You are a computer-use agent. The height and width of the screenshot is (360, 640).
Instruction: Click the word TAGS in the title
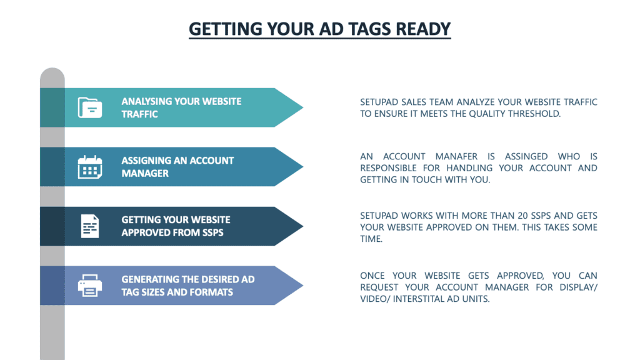[x=362, y=29]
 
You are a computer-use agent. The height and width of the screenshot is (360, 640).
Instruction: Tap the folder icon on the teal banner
[x=90, y=107]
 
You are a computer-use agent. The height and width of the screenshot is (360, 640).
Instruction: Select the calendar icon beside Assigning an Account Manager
[x=90, y=167]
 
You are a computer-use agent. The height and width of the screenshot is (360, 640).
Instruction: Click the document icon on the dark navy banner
[x=90, y=226]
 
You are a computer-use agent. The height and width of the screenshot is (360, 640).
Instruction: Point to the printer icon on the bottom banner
[x=90, y=285]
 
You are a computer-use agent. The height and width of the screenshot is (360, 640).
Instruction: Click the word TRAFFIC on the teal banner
[x=139, y=114]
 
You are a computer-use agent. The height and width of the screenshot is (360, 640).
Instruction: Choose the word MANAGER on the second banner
[x=145, y=174]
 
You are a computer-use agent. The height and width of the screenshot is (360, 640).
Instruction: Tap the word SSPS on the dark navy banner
[x=212, y=232]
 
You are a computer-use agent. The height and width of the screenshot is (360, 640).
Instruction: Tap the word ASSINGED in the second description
[x=526, y=156]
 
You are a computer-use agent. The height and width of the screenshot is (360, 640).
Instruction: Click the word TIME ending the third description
[x=371, y=239]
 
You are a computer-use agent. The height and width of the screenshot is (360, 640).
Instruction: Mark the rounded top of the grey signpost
[x=52, y=70]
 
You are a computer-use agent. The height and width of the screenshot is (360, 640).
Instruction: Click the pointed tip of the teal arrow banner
[x=303, y=107]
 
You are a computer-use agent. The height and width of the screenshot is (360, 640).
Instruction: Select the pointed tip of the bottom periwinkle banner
[x=303, y=285]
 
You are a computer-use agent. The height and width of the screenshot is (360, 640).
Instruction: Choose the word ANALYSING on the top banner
[x=146, y=101]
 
